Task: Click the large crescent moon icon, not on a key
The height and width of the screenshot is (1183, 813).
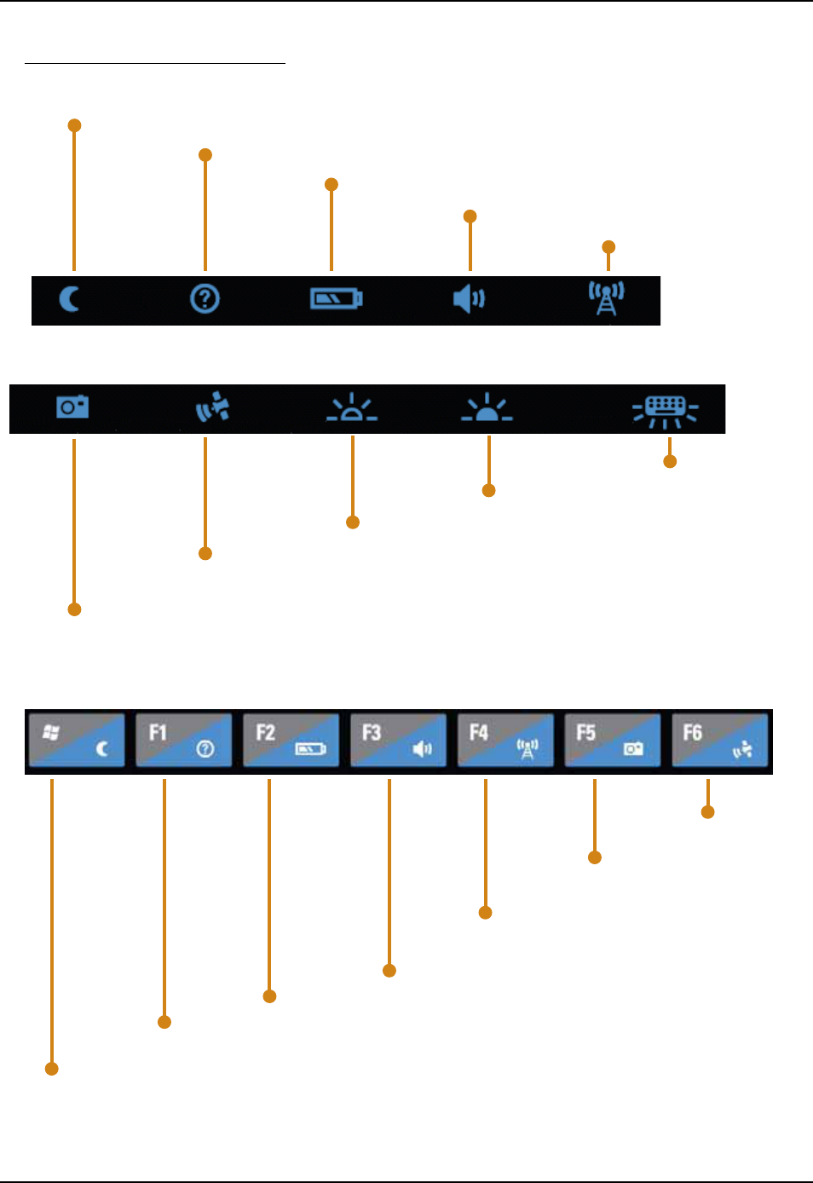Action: (70, 299)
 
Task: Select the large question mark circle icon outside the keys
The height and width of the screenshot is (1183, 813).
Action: (205, 299)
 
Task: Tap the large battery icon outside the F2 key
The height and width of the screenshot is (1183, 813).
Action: (336, 299)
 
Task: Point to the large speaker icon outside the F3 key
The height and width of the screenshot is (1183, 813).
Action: (469, 299)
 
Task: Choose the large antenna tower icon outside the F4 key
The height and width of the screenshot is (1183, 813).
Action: (607, 298)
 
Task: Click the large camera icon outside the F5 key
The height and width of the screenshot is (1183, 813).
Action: (72, 407)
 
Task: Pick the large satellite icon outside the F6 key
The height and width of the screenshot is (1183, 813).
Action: (212, 407)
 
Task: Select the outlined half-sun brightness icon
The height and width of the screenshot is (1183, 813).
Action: (352, 409)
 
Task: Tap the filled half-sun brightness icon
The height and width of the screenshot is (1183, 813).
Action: (487, 409)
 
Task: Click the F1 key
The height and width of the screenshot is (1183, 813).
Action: (183, 740)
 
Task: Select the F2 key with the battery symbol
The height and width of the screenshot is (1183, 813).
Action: (291, 740)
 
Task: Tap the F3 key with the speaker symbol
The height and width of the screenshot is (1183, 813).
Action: (398, 740)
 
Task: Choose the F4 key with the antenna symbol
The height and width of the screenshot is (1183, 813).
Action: (505, 740)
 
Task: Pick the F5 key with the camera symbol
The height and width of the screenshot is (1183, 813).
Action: (612, 740)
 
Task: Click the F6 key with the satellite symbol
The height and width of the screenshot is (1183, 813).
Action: (719, 740)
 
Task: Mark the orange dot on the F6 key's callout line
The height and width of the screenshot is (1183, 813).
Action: (707, 812)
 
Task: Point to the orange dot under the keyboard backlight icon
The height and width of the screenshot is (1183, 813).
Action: (670, 462)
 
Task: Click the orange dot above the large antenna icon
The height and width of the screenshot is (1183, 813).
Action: (608, 247)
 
